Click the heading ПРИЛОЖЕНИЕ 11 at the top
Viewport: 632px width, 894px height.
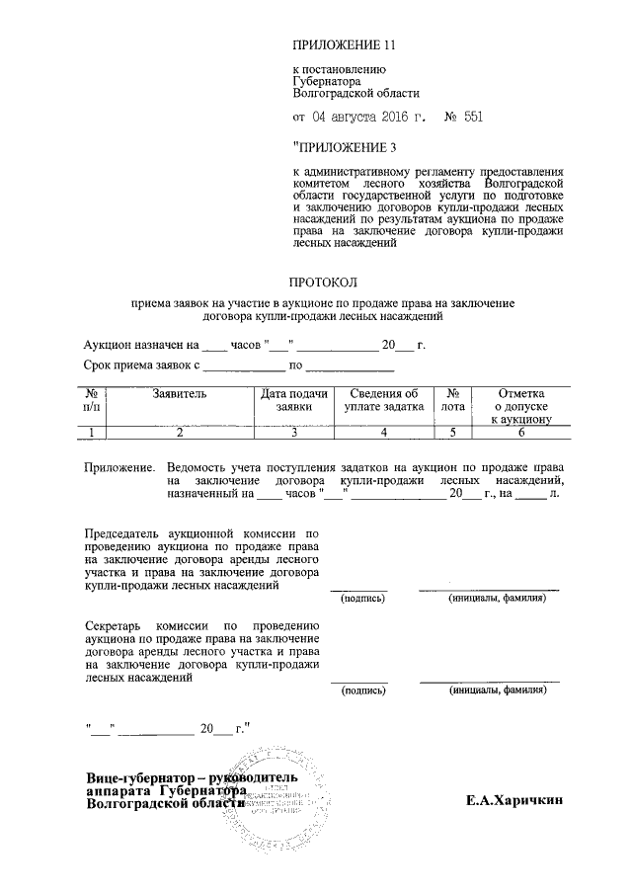(x=345, y=45)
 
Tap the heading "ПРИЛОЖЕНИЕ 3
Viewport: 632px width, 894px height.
(x=345, y=148)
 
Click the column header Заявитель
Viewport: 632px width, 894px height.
(x=180, y=393)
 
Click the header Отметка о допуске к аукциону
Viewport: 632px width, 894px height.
(x=520, y=405)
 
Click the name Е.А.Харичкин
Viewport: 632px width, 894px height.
(x=514, y=802)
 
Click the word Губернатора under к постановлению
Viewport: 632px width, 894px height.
(x=332, y=82)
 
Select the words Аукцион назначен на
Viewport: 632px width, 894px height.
(x=139, y=345)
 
